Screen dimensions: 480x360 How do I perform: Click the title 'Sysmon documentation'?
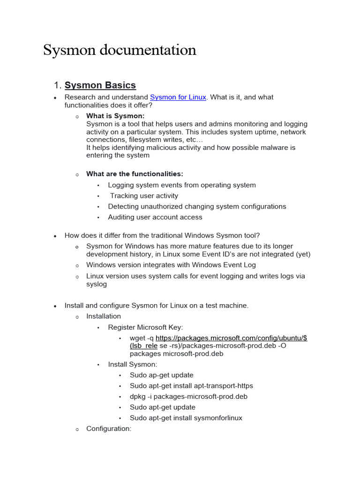point(120,50)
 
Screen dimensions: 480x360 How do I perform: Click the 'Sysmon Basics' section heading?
point(100,85)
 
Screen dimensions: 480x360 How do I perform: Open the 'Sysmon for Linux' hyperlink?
point(178,97)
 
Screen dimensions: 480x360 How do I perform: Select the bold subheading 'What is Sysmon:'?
point(115,116)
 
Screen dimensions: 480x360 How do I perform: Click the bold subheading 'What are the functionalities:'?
point(135,174)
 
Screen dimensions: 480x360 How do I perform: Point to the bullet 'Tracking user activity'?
point(144,196)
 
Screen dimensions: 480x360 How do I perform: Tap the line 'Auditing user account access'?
point(155,217)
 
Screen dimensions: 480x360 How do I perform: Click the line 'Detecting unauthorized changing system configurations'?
point(197,206)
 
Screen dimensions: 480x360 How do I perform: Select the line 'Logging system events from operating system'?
point(181,185)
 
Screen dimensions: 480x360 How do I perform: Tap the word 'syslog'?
point(97,284)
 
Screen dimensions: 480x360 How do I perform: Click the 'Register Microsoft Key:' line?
point(145,327)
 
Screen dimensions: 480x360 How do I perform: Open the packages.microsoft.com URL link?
point(231,338)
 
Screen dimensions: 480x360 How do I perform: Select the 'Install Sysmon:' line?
point(133,364)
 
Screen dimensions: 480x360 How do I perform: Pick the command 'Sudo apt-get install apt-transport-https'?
point(191,386)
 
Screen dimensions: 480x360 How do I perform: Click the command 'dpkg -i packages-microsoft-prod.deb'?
point(188,397)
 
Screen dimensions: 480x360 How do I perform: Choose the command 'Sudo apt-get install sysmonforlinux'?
point(186,418)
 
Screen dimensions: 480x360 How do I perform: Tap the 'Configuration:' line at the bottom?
point(109,428)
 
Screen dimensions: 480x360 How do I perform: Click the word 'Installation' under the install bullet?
point(104,316)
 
